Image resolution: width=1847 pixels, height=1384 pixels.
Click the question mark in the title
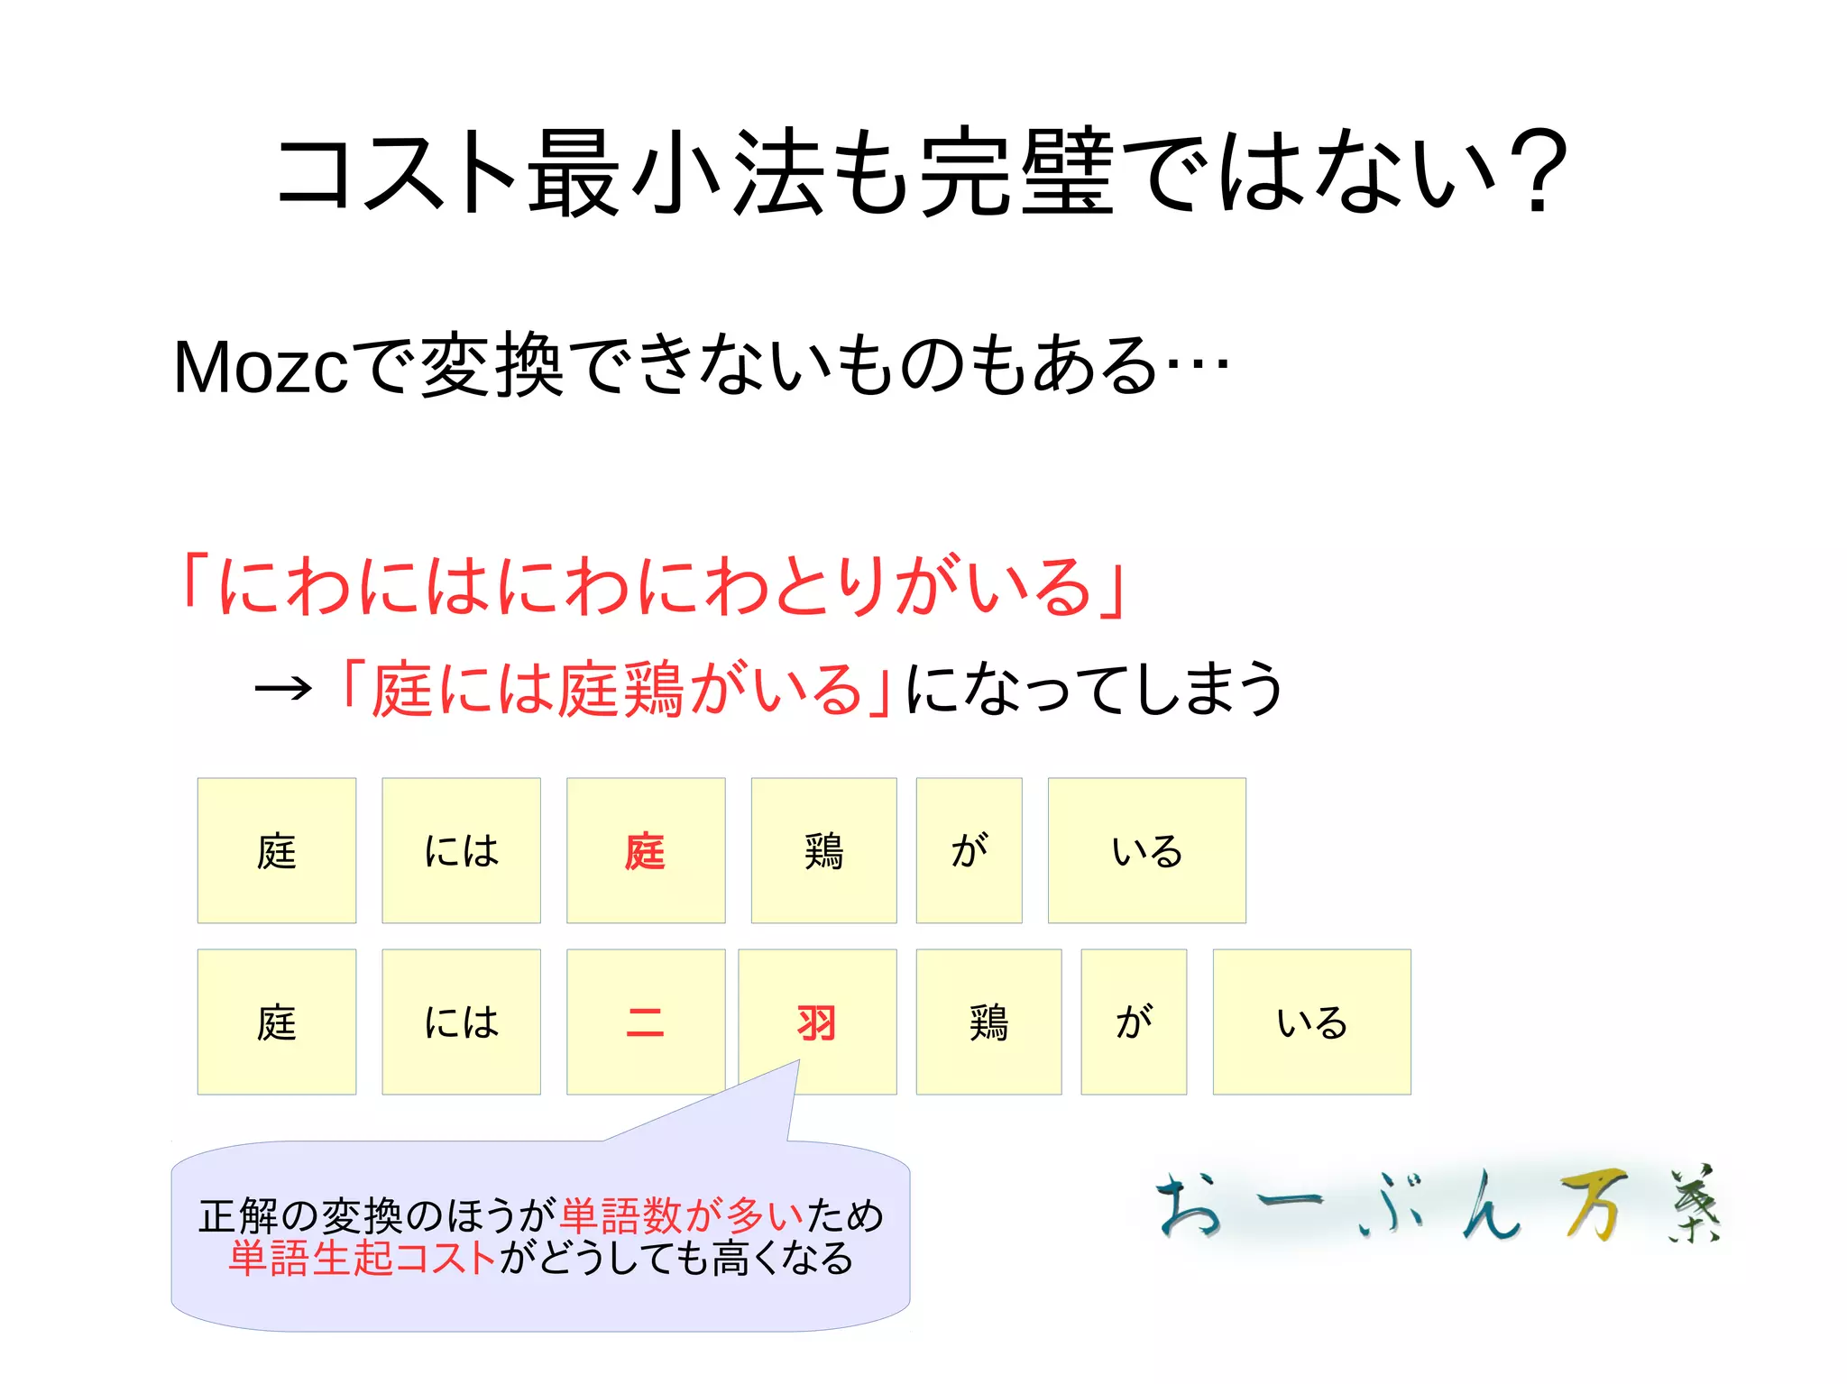(1535, 171)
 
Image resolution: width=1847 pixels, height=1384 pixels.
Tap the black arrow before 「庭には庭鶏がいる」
(283, 690)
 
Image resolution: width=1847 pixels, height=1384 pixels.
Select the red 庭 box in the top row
(646, 850)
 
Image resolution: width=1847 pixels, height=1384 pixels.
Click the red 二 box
(646, 1022)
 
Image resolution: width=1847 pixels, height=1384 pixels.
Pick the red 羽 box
(817, 1022)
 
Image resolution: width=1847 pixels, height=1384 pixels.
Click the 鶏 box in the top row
(823, 850)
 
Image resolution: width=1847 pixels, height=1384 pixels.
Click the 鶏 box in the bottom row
(988, 1022)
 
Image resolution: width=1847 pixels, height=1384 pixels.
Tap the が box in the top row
(969, 850)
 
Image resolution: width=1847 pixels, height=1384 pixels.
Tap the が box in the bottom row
(1134, 1022)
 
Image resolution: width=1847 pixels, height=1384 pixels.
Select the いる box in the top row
(1146, 850)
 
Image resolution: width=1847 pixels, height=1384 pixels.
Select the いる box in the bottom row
(1311, 1022)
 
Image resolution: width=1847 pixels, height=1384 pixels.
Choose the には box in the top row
(461, 850)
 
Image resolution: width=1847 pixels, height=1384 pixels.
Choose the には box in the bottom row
(461, 1022)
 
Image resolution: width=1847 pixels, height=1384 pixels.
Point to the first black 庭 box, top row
(277, 850)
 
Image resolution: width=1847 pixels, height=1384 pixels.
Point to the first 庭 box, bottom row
(277, 1022)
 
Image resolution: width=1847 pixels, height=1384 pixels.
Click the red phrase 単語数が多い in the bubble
(682, 1215)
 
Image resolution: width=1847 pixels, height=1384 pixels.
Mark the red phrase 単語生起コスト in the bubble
(363, 1258)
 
